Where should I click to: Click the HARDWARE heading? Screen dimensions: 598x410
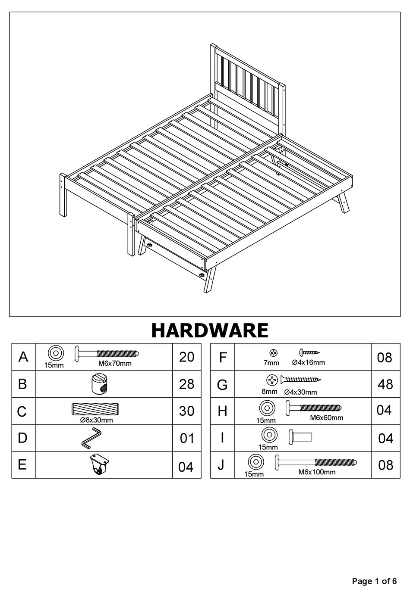tap(209, 330)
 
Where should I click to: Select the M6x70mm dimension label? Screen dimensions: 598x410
tap(115, 363)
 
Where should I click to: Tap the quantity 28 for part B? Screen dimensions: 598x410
tap(186, 384)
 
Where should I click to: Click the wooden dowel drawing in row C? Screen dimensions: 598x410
tap(95, 409)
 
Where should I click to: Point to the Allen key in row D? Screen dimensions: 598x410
tap(91, 438)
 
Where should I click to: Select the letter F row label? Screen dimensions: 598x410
tap(223, 358)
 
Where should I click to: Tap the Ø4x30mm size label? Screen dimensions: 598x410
tap(300, 392)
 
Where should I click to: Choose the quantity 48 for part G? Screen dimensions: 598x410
tap(385, 384)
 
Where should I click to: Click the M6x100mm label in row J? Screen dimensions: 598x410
tap(317, 472)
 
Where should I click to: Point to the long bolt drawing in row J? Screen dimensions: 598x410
tap(315, 463)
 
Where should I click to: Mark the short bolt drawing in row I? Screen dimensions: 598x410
tap(300, 437)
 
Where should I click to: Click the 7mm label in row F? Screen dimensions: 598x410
tap(271, 363)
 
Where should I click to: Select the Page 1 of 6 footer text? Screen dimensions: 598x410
tap(374, 581)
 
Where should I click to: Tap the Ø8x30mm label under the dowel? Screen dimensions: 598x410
tap(96, 420)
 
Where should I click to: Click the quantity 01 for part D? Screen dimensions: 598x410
tap(187, 439)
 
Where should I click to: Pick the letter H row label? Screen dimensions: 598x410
tap(222, 411)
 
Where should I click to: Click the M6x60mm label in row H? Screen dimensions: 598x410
tap(326, 417)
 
